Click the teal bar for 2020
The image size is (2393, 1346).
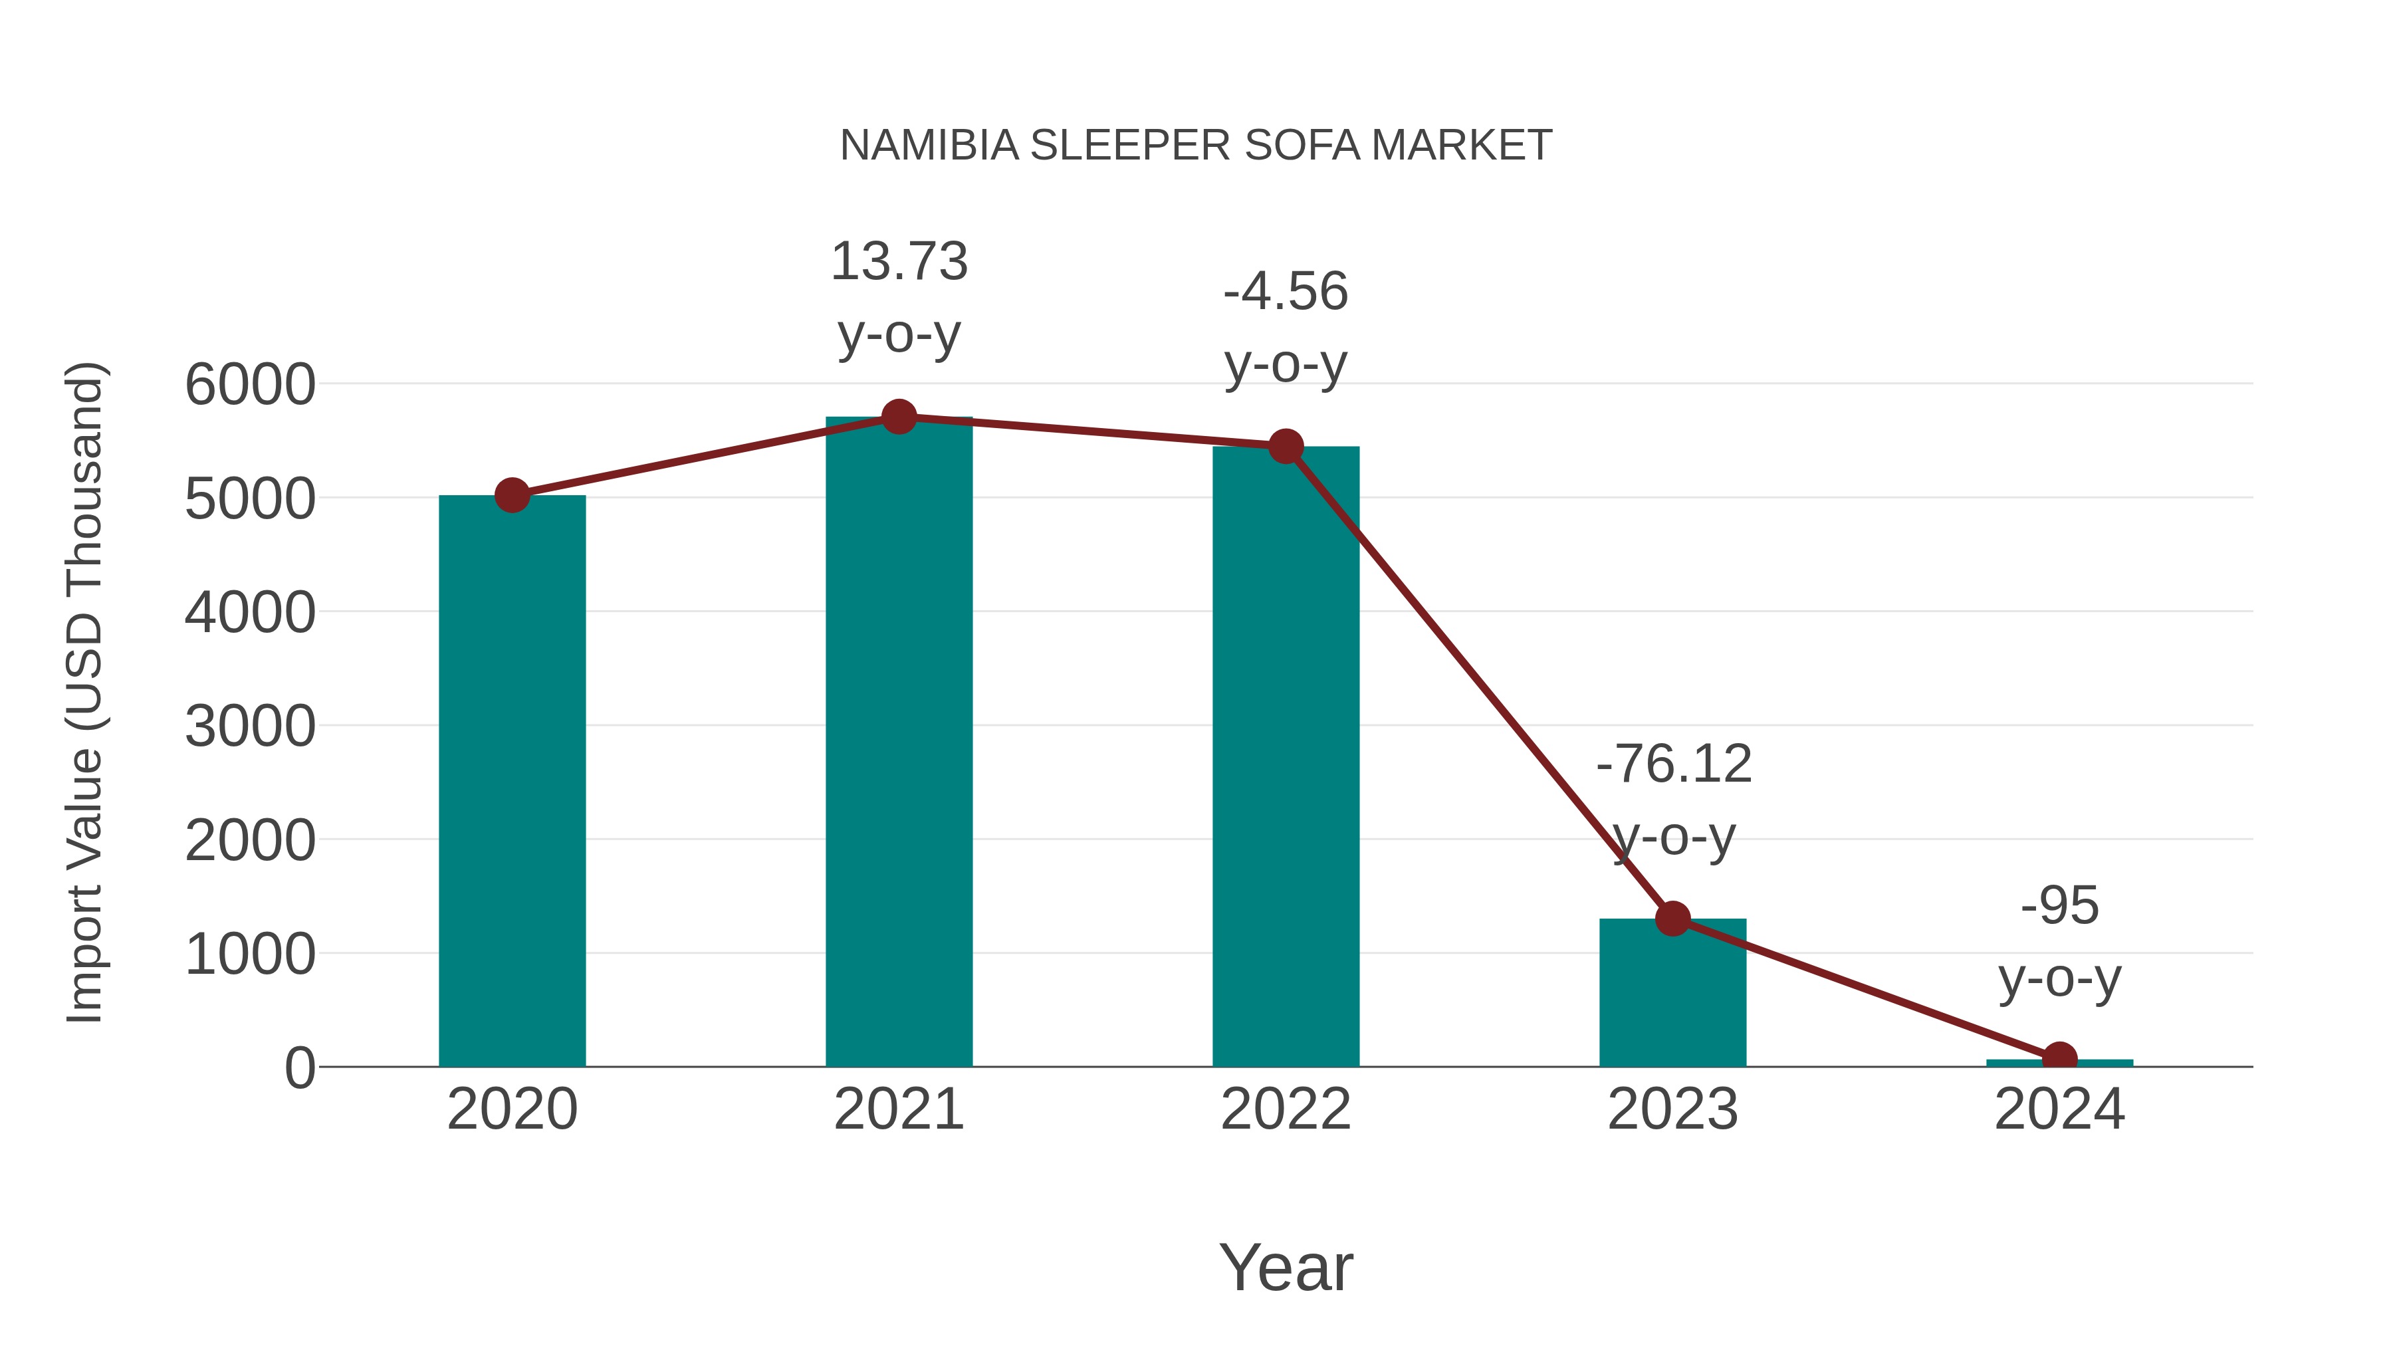click(x=512, y=780)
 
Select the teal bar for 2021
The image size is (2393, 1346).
click(x=898, y=743)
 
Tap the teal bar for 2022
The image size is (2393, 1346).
click(x=1286, y=757)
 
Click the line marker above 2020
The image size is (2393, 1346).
click(x=512, y=495)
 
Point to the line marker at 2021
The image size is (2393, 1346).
click(x=898, y=417)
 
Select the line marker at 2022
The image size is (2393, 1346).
click(x=1286, y=447)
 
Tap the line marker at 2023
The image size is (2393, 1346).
click(x=1672, y=919)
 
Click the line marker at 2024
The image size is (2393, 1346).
click(x=2059, y=1058)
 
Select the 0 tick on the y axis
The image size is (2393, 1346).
click(x=299, y=1068)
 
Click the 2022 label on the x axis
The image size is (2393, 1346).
click(x=1286, y=1109)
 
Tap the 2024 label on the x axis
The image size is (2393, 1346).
click(x=2059, y=1109)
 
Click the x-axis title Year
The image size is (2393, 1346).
click(x=1286, y=1267)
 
